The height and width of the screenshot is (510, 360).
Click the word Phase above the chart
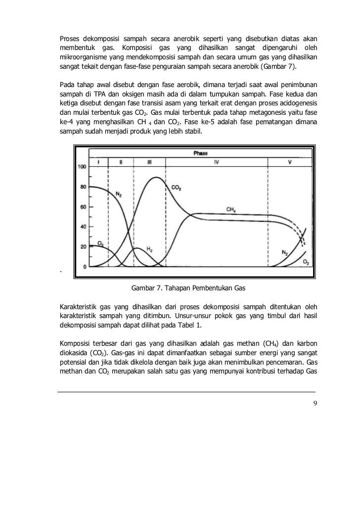pyautogui.click(x=201, y=153)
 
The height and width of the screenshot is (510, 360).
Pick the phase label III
pyautogui.click(x=149, y=162)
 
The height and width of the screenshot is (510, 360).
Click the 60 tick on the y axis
pyautogui.click(x=83, y=207)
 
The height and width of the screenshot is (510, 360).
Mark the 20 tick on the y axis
pyautogui.click(x=83, y=247)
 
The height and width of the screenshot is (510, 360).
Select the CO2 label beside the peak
pyautogui.click(x=177, y=187)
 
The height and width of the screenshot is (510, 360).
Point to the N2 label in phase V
pyautogui.click(x=285, y=252)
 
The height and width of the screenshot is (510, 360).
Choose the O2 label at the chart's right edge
pyautogui.click(x=306, y=261)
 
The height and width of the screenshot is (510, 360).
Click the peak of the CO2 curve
pyautogui.click(x=157, y=177)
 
